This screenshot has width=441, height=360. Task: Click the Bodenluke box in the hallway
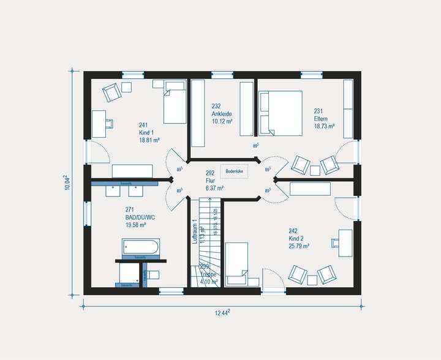coord(235,171)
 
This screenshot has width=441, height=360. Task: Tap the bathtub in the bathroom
coord(140,247)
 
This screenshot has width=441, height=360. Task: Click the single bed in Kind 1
coord(175,105)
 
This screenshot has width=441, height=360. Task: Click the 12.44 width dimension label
coord(222,313)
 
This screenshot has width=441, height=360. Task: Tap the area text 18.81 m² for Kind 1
coord(149,140)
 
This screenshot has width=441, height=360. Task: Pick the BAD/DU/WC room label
coord(140,217)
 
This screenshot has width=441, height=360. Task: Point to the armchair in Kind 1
coord(113,92)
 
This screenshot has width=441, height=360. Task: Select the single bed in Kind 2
coord(236,264)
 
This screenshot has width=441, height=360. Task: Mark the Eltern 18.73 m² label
coord(324,122)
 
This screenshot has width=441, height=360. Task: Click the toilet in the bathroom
coord(152,274)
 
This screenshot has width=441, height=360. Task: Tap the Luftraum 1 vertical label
coord(195,232)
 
